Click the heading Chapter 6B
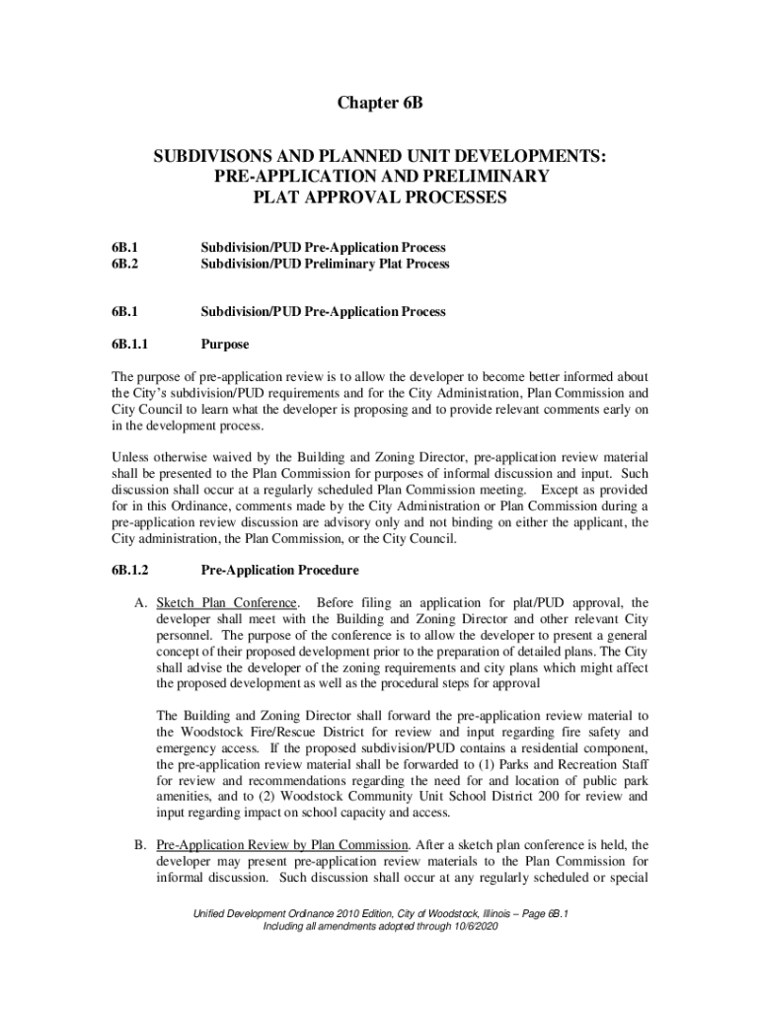tap(379, 102)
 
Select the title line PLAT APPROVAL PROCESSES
tap(380, 197)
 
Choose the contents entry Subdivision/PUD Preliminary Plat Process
tap(325, 265)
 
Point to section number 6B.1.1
tap(130, 346)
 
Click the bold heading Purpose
tap(225, 346)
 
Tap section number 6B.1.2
tap(130, 571)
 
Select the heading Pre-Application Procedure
tap(279, 571)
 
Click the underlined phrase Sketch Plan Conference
tap(226, 603)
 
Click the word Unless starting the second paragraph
tap(129, 458)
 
